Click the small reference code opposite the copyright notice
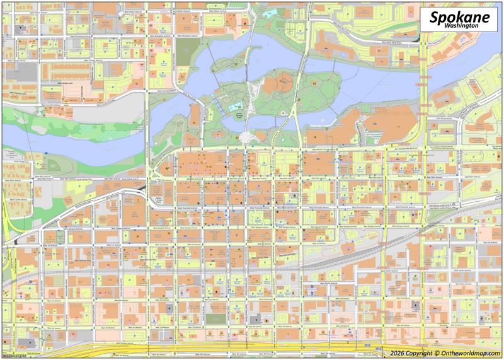pyautogui.click(x=13, y=356)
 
